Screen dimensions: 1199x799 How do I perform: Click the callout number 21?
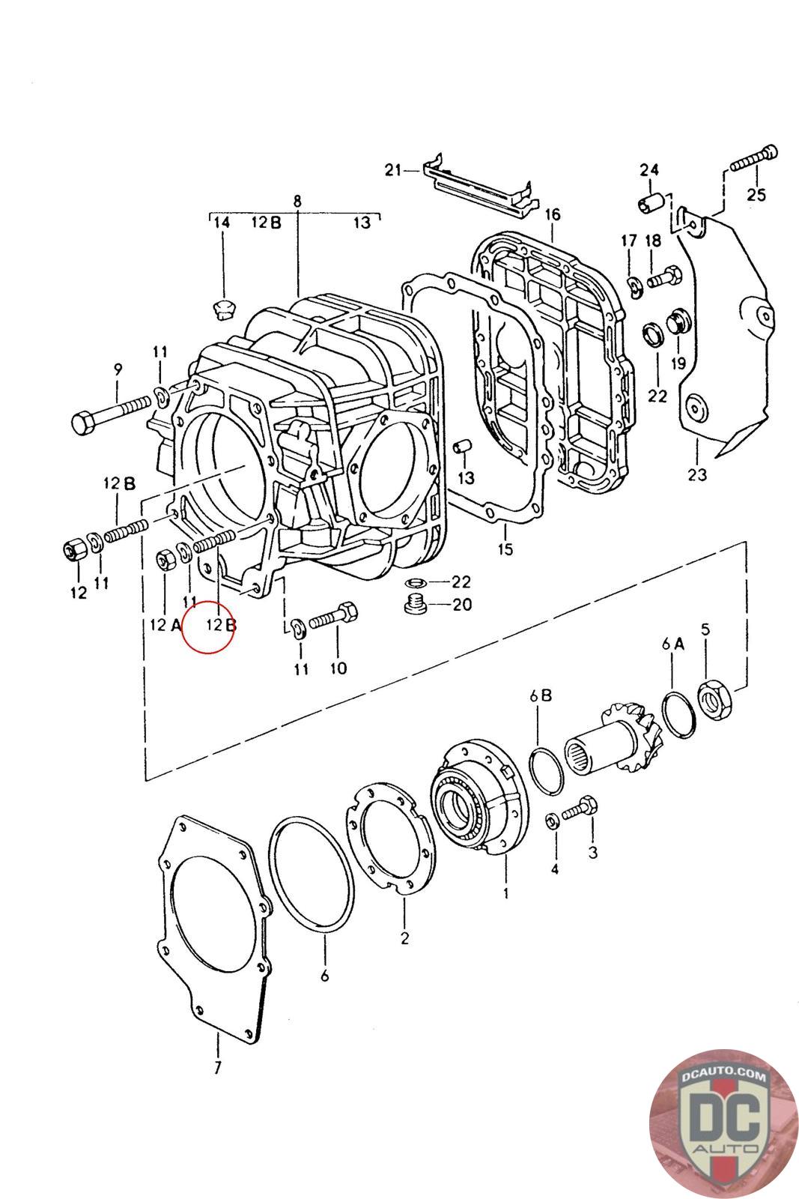pos(394,170)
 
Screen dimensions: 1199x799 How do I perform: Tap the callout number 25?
pos(756,194)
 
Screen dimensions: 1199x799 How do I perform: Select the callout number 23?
pos(697,474)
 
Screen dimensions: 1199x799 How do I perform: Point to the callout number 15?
pos(505,549)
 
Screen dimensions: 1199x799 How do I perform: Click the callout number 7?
pos(217,1068)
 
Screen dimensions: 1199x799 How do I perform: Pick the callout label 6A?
pos(672,643)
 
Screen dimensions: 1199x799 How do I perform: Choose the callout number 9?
pos(118,369)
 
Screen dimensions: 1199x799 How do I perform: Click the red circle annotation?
pos(209,626)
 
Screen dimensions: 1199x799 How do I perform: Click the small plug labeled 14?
pos(222,307)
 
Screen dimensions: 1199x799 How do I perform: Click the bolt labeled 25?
pos(756,158)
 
